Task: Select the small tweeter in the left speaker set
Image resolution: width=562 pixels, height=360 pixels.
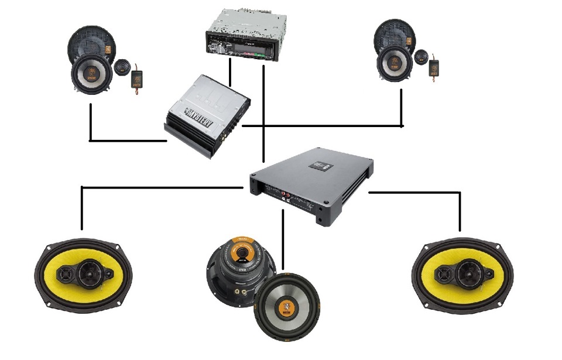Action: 122,66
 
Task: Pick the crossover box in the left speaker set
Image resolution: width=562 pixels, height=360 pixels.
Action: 137,77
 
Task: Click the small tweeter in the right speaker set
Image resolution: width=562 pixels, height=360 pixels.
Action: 421,58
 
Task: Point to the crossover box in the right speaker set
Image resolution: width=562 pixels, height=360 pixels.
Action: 435,66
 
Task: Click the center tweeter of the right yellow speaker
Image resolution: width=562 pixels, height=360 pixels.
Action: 469,270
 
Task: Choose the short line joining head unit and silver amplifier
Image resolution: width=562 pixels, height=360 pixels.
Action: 230,71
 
